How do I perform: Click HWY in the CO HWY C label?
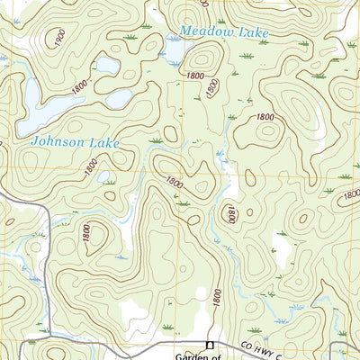click(x=262, y=349)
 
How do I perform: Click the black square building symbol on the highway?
click(x=210, y=344)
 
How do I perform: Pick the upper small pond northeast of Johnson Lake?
click(x=106, y=65)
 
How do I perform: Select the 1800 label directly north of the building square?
click(x=217, y=292)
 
